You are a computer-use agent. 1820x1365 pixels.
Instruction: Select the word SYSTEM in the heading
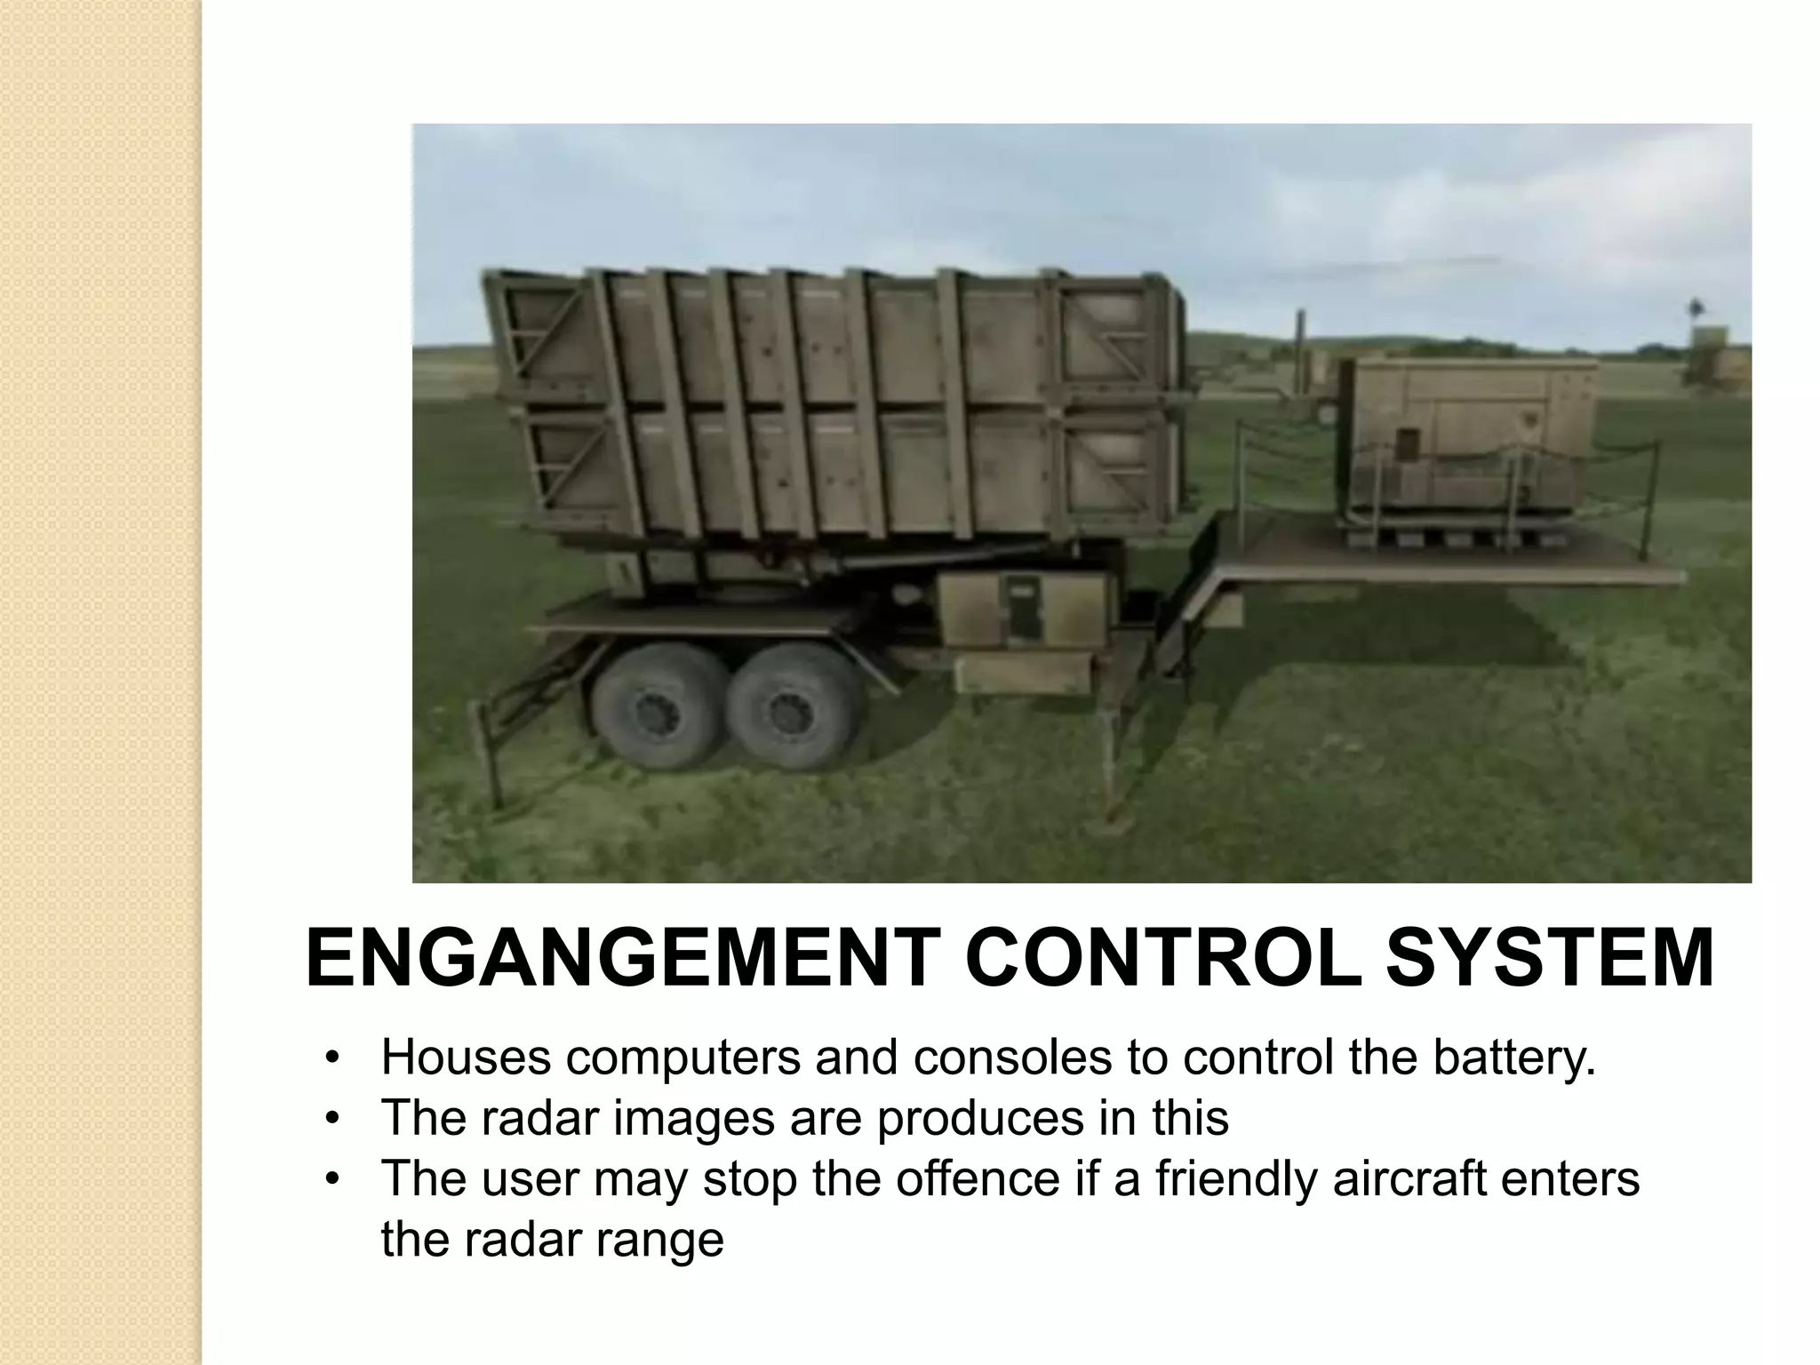(x=1551, y=959)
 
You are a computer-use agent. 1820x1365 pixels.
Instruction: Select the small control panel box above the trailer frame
(x=1022, y=609)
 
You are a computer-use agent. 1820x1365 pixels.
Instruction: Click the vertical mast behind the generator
(x=1300, y=355)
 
